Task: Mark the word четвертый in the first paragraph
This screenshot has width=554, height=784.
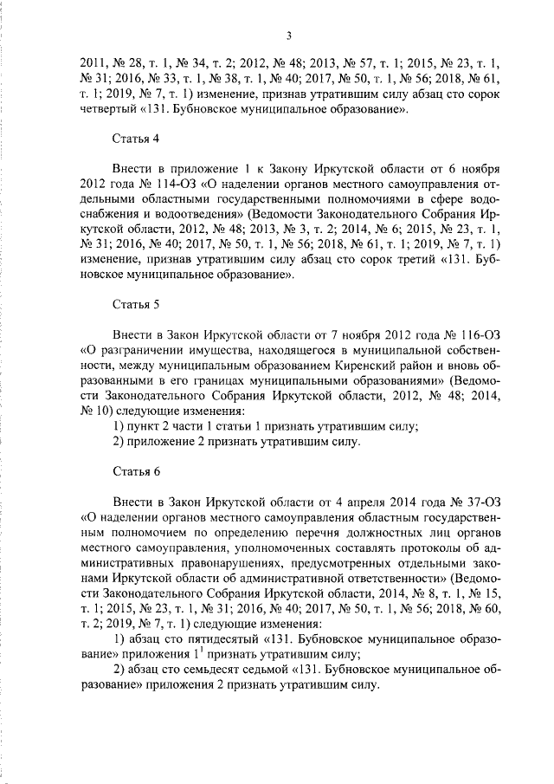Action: pyautogui.click(x=108, y=111)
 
